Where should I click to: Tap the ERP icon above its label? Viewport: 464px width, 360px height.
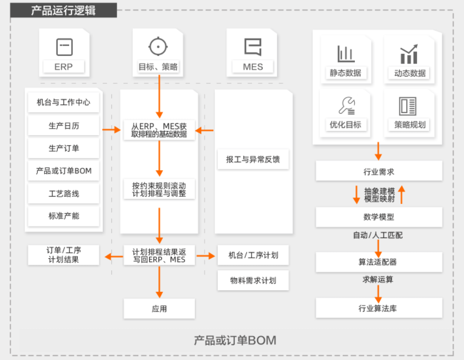(63, 46)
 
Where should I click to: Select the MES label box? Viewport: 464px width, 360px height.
(253, 67)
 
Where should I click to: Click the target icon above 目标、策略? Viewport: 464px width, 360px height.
(158, 46)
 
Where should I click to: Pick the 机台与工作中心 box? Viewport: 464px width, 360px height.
(63, 102)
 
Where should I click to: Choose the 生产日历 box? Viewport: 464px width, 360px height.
(63, 125)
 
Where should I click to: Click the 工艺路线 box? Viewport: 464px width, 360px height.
(63, 194)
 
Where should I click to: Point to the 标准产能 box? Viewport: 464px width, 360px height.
(63, 216)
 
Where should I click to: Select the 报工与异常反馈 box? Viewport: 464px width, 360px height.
(253, 159)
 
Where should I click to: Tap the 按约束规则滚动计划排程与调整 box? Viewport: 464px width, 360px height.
(159, 189)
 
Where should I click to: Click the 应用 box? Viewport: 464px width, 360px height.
(159, 309)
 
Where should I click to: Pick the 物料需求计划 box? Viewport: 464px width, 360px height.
(253, 281)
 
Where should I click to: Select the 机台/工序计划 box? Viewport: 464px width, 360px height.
(253, 255)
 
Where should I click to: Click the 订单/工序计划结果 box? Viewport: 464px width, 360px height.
(63, 255)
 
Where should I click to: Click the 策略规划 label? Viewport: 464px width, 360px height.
(410, 125)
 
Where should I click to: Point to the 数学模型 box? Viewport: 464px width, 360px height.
(379, 217)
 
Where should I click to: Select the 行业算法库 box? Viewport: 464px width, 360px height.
(379, 309)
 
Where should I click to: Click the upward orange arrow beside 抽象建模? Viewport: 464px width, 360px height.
(401, 194)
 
